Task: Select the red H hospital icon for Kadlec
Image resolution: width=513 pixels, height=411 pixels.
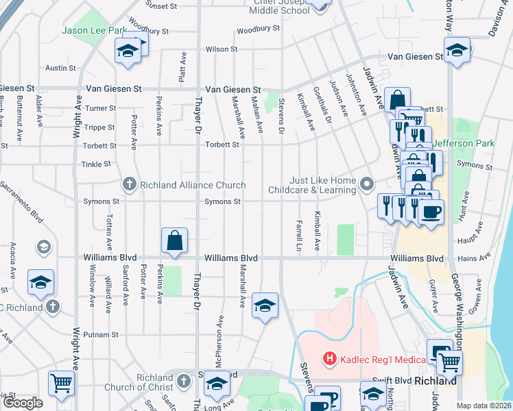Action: coord(330,358)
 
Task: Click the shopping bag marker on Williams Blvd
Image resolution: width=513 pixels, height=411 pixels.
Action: coord(175,240)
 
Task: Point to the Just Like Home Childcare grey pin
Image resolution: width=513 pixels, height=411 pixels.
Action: coord(368,184)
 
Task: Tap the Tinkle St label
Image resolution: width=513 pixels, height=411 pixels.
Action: coord(96,164)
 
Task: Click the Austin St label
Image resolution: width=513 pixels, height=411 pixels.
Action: coord(60,68)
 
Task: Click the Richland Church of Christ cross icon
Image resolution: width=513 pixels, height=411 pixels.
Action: coord(182,380)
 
